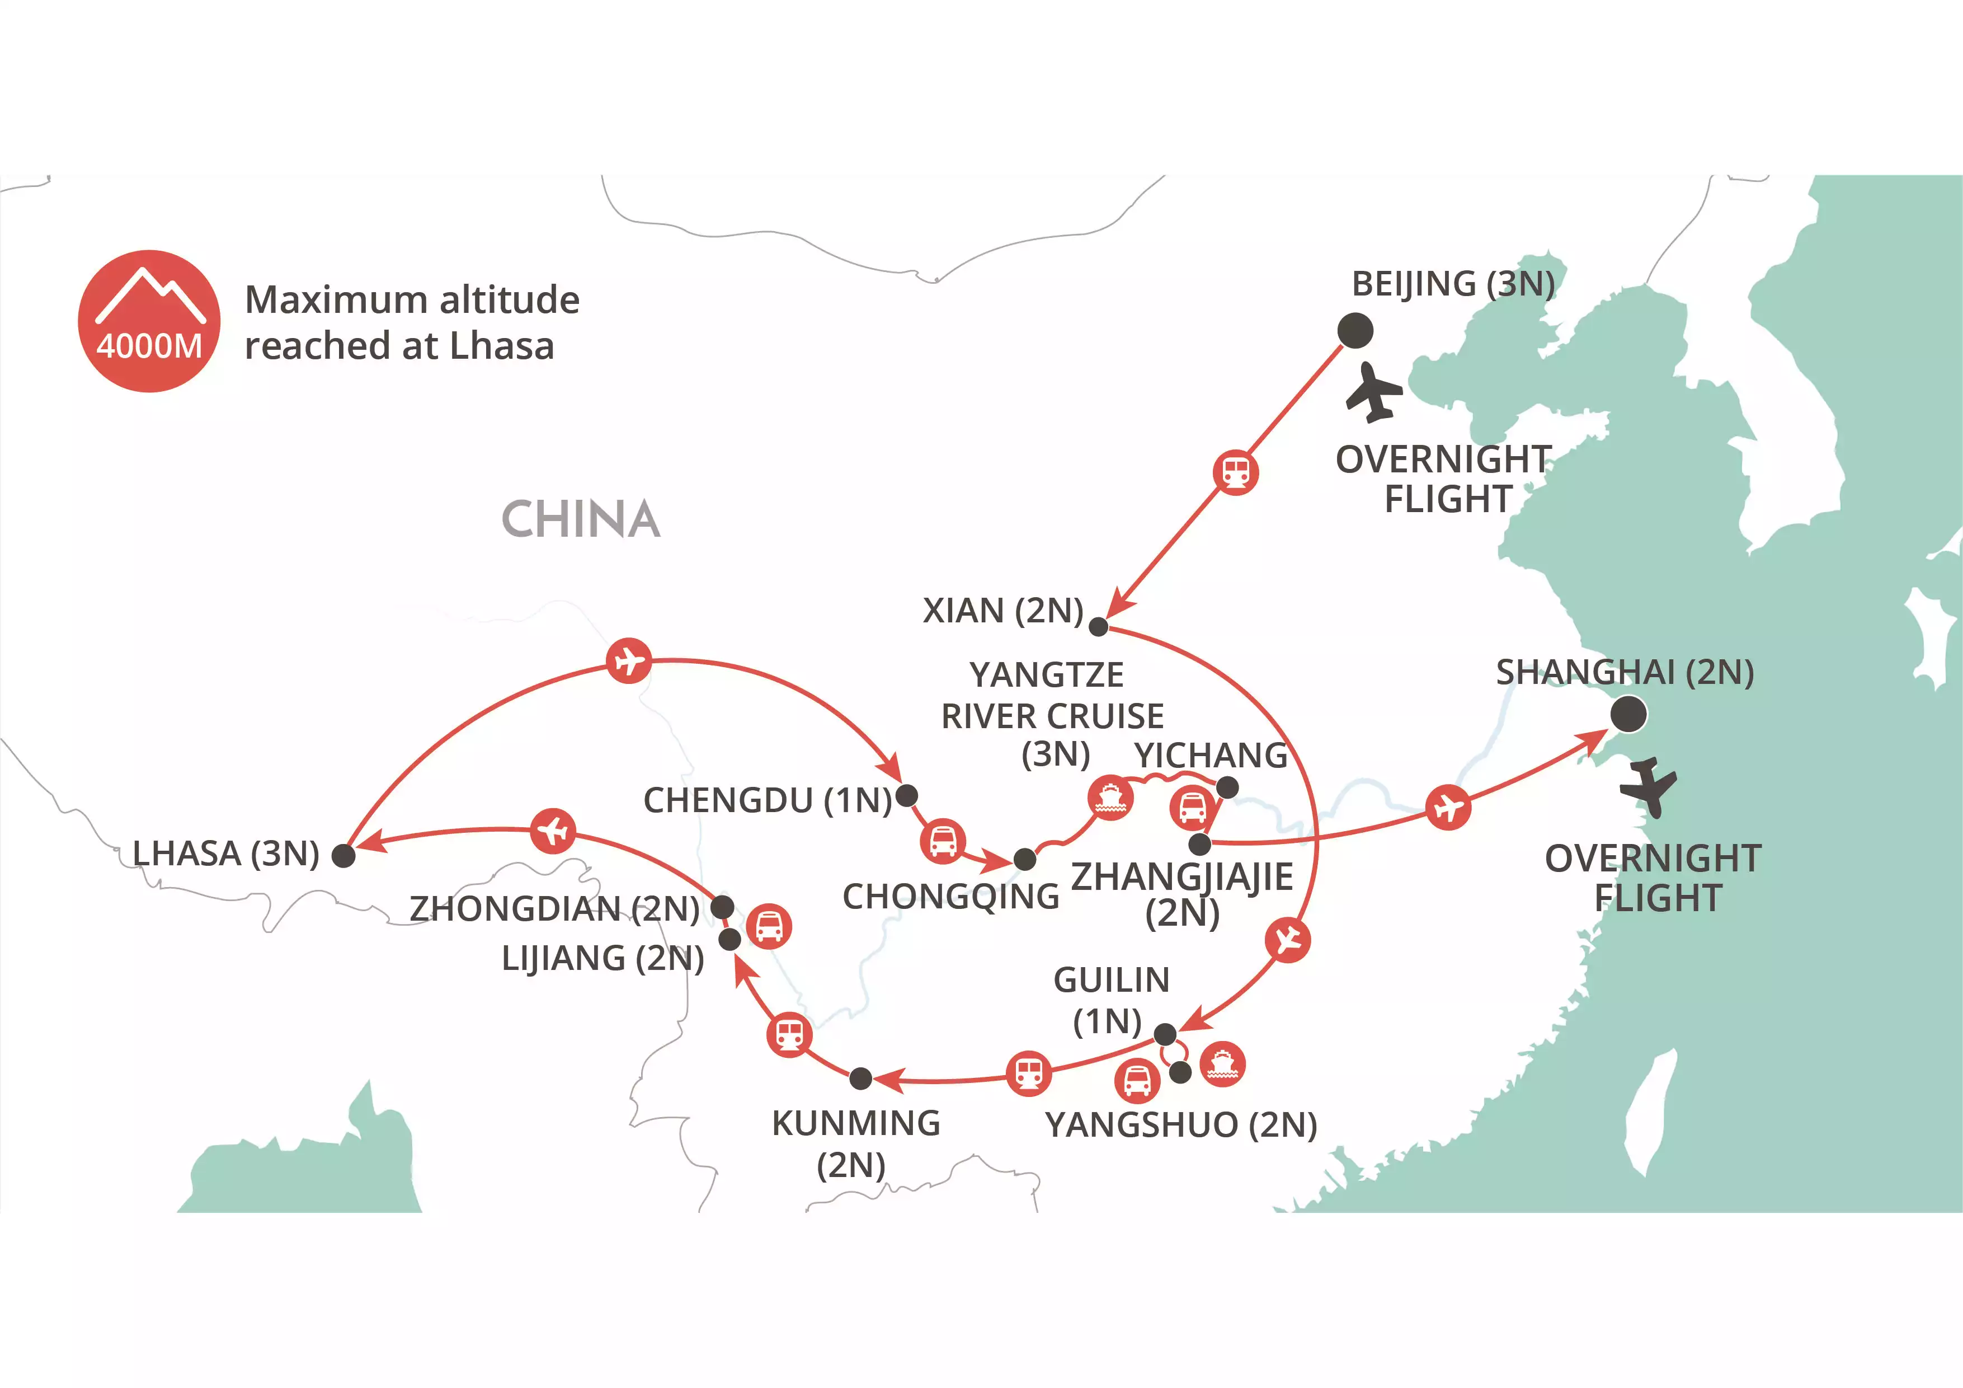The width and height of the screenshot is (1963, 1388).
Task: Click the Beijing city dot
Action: tap(1355, 331)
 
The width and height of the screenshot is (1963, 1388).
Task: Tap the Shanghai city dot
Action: tap(1628, 714)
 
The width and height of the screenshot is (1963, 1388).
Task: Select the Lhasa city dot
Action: tap(343, 855)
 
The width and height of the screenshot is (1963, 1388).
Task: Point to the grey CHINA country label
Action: tap(581, 519)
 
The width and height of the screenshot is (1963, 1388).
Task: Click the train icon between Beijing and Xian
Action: tap(1235, 472)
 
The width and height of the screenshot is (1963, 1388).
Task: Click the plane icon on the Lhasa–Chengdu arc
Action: tap(628, 661)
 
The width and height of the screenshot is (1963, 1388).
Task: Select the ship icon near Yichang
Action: tap(1110, 797)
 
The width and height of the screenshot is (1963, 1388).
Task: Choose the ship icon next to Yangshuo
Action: tap(1222, 1064)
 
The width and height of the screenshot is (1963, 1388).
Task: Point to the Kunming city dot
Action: tap(861, 1079)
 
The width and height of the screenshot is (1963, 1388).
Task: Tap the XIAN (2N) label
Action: tap(1003, 611)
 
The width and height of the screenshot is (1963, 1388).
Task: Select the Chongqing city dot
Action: tap(1024, 859)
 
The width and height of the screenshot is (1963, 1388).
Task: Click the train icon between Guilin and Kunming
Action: tap(1029, 1073)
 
